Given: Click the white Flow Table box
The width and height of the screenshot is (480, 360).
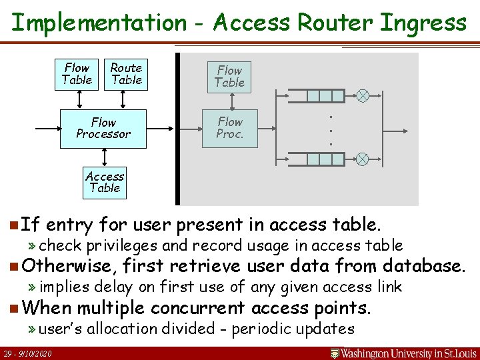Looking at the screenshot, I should click(x=77, y=74).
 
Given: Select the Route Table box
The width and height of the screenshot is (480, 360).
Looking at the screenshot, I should click(x=126, y=74).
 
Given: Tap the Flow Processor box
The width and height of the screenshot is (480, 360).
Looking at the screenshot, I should click(x=103, y=128).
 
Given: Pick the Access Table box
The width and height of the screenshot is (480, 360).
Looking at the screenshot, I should click(x=105, y=182).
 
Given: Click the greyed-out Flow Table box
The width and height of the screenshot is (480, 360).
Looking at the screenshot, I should click(x=230, y=77).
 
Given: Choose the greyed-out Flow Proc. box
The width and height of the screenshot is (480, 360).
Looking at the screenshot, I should click(x=230, y=128).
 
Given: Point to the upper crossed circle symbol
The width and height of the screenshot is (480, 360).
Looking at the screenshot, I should click(x=362, y=96).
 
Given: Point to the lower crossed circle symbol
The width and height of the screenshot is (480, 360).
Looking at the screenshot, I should click(x=362, y=159).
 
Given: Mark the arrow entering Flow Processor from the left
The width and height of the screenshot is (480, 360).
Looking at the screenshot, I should click(x=51, y=128).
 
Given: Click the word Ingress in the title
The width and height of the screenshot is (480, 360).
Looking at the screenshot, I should click(x=423, y=23).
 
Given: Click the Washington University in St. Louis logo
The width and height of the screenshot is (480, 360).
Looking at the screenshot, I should click(x=404, y=353).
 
